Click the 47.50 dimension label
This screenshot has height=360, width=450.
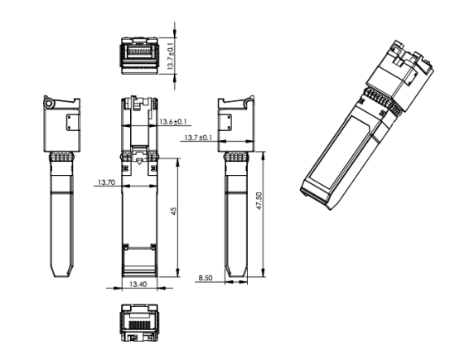tap(259, 201)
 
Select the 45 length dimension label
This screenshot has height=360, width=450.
tap(174, 212)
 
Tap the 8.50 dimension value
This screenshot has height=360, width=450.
tap(206, 278)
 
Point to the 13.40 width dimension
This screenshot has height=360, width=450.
tap(138, 285)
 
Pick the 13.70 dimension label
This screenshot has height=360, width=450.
tap(106, 182)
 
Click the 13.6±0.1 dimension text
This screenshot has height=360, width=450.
tap(173, 122)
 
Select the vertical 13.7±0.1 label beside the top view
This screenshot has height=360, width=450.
tap(171, 56)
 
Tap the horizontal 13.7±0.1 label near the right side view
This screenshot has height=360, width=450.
tap(198, 138)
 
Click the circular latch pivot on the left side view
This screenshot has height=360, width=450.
tap(49, 104)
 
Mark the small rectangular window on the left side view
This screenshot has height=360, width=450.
tap(72, 122)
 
